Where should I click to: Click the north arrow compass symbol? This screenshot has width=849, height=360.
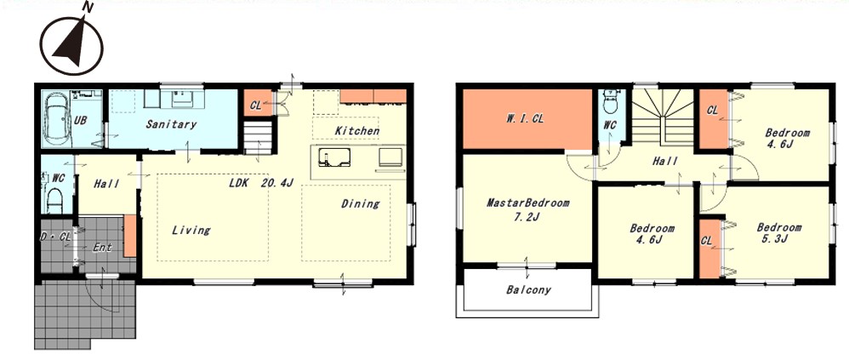pyautogui.click(x=71, y=45)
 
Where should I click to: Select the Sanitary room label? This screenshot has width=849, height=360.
pyautogui.click(x=170, y=124)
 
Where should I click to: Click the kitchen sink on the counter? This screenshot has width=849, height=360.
pyautogui.click(x=331, y=158)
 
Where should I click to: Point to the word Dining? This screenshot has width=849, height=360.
pyautogui.click(x=360, y=204)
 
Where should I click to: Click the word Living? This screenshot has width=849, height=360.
pyautogui.click(x=191, y=231)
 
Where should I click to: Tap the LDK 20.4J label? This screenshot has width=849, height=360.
pyautogui.click(x=260, y=183)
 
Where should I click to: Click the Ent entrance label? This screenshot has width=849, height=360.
pyautogui.click(x=102, y=248)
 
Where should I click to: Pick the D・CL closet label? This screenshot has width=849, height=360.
pyautogui.click(x=56, y=237)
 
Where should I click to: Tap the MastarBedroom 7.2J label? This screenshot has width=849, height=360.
pyautogui.click(x=528, y=209)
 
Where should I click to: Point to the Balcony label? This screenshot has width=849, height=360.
pyautogui.click(x=528, y=290)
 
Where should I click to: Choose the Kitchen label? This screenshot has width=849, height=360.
pyautogui.click(x=356, y=131)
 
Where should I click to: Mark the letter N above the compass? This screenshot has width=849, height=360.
pyautogui.click(x=88, y=7)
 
